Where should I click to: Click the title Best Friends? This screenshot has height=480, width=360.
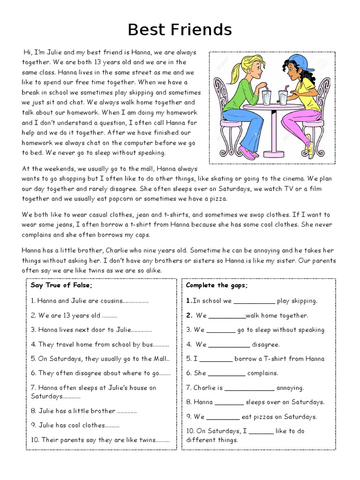tap(180, 30)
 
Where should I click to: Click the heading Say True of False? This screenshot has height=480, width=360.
tap(62, 285)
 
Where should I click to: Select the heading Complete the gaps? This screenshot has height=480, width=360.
tap(217, 285)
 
